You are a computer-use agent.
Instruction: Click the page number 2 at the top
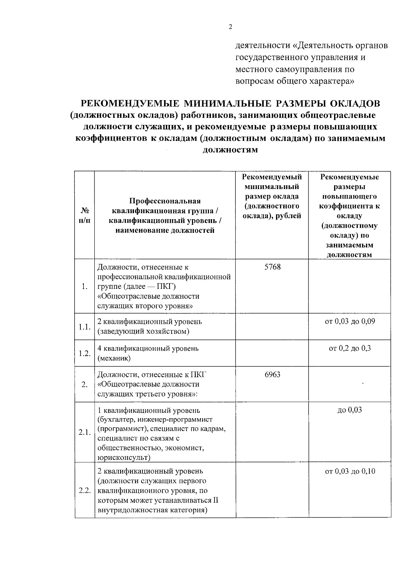pos(230,27)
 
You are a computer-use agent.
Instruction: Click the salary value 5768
pos(272,267)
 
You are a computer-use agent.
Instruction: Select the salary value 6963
pos(272,375)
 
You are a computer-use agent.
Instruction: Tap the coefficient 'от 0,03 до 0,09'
pos(350,321)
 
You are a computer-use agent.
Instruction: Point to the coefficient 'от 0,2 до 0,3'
pos(350,349)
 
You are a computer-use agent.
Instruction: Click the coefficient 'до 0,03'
pos(350,410)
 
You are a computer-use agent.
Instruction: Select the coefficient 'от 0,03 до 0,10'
pos(350,471)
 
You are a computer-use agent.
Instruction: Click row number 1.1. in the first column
pos(84,327)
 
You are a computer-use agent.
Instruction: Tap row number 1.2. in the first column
pos(84,353)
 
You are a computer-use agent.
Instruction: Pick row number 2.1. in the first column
pos(84,433)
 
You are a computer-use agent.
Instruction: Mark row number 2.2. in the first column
pos(84,491)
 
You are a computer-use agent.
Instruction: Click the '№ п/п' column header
pos(84,216)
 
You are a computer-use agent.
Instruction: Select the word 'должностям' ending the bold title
pos(230,150)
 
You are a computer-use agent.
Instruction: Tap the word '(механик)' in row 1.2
pos(114,358)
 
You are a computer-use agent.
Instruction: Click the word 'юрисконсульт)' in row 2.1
pos(124,458)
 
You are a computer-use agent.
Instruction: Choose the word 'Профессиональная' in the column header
pos(165,201)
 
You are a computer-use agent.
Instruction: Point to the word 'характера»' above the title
pos(332,81)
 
